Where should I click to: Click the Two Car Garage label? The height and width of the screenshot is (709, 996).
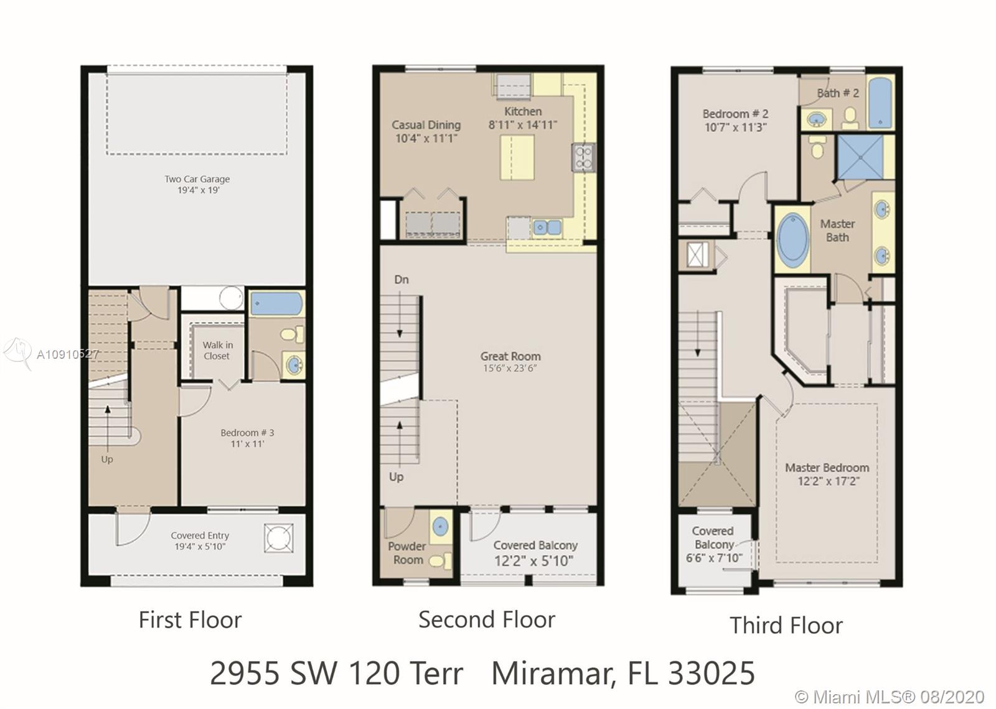click(x=197, y=179)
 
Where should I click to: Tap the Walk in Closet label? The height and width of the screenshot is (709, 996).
click(x=217, y=351)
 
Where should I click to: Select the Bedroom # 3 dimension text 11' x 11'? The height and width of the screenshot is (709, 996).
click(x=247, y=444)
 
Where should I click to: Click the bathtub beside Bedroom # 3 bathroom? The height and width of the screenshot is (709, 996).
click(x=276, y=304)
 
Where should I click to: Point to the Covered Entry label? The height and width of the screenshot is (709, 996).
click(x=200, y=535)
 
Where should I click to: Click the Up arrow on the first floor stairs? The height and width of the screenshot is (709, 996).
click(x=108, y=427)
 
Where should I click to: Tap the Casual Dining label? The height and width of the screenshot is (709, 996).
click(x=426, y=125)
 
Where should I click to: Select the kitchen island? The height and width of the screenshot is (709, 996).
click(x=517, y=157)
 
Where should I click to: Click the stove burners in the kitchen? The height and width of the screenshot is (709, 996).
click(x=583, y=157)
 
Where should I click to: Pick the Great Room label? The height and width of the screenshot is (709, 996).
click(x=510, y=356)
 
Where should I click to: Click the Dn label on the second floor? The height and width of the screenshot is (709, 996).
click(x=402, y=280)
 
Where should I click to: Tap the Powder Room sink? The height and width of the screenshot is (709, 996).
click(x=440, y=527)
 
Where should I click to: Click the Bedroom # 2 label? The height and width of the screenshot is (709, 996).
click(x=735, y=114)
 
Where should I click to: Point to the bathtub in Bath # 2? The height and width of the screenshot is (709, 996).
click(x=880, y=103)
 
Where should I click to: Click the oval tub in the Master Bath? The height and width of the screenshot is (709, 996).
click(x=793, y=240)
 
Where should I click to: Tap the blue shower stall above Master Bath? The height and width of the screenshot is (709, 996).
click(x=860, y=157)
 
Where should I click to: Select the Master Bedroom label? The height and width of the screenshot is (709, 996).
click(x=827, y=468)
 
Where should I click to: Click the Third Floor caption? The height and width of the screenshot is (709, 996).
click(x=786, y=626)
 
